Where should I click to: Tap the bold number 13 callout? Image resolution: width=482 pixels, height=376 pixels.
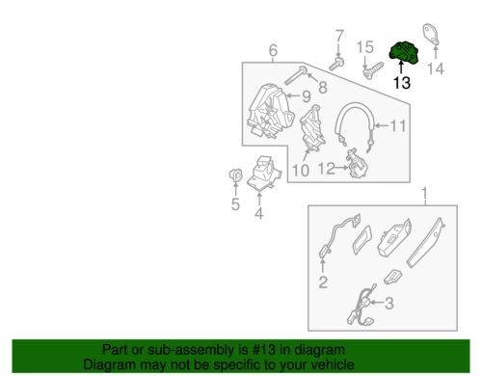pos(402,83)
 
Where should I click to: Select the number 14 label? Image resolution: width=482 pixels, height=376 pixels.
pos(436,68)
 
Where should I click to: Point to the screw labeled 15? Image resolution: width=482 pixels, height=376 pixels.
pos(374,70)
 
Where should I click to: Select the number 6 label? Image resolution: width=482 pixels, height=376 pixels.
pos(273,50)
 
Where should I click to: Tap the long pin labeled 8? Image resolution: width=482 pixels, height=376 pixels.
pos(295,75)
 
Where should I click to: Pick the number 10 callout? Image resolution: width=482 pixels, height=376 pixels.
pos(301,171)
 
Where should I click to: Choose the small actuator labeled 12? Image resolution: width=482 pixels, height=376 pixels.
pos(357,164)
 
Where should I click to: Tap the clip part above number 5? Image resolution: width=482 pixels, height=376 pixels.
pos(235,175)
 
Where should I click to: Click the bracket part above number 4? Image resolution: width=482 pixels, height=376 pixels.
pos(263,174)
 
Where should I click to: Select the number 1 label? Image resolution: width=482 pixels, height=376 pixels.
pos(425,193)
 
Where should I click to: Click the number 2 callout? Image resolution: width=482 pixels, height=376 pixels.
pos(323,282)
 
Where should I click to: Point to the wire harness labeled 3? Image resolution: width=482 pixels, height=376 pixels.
pos(361,306)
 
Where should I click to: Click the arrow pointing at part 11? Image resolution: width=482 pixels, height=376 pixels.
pos(382,125)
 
